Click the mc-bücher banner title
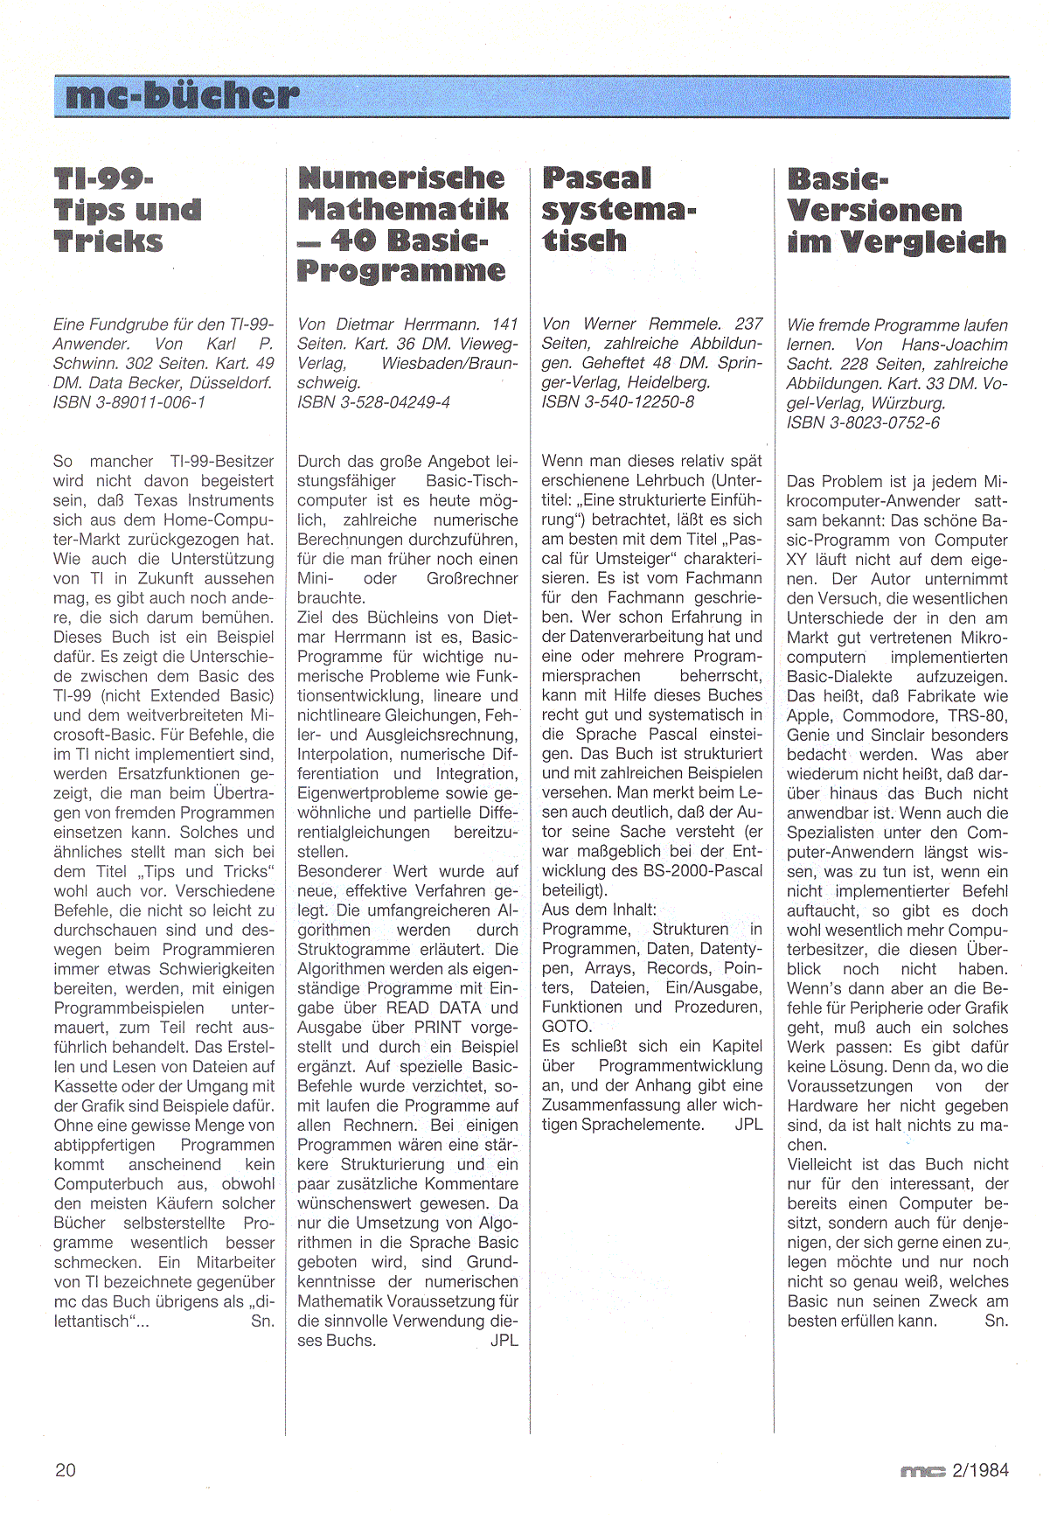click(176, 96)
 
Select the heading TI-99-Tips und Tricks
click(128, 210)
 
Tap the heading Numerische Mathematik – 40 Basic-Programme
click(402, 225)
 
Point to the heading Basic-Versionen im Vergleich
click(896, 210)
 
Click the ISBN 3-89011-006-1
click(129, 402)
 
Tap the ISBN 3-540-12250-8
click(618, 402)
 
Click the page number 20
click(66, 1469)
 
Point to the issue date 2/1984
click(981, 1470)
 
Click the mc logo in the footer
click(922, 1472)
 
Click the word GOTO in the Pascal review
click(566, 1026)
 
